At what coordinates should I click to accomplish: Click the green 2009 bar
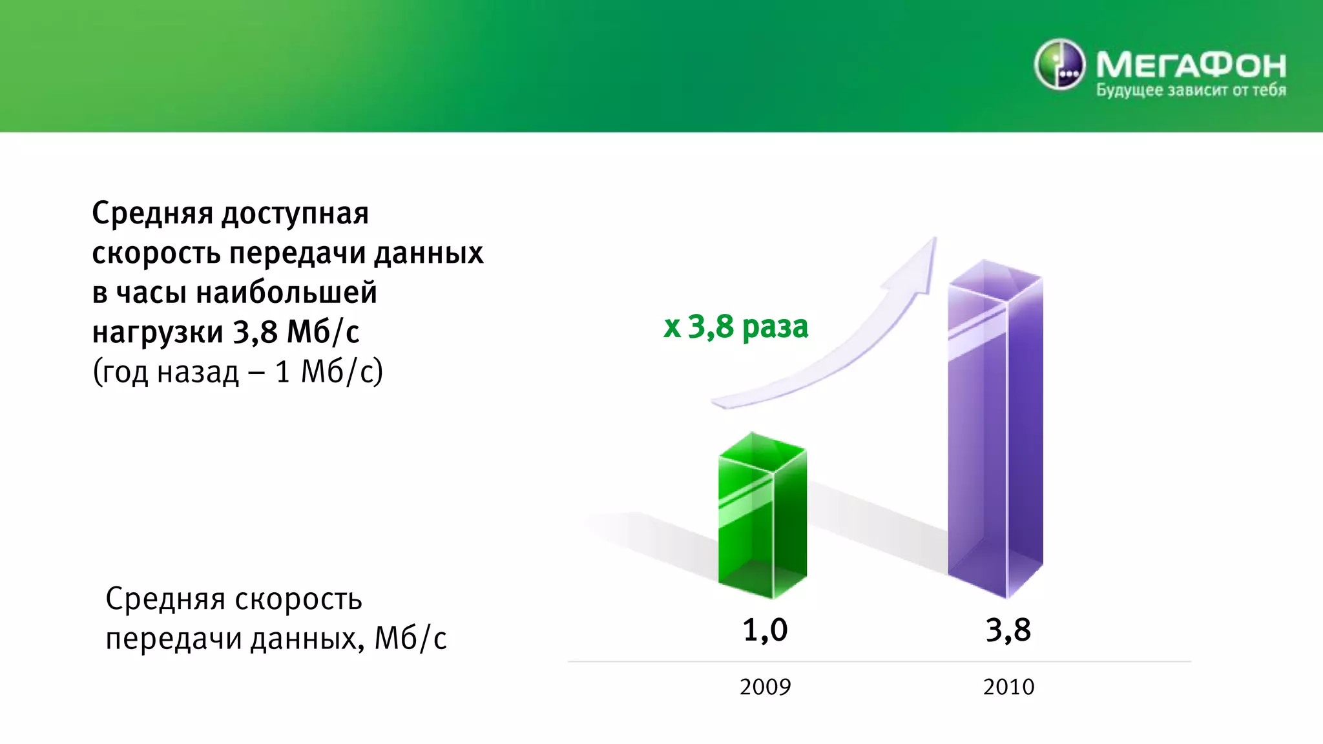tap(762, 517)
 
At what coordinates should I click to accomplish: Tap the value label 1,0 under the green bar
tap(765, 630)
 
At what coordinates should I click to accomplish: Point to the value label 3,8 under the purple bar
tap(1008, 630)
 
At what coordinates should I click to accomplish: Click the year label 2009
tap(765, 687)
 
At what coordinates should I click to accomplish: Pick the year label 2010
tap(1008, 687)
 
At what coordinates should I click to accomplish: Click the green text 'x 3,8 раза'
tap(736, 327)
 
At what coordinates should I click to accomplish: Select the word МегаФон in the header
tap(1191, 65)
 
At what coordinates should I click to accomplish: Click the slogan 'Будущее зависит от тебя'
tap(1191, 90)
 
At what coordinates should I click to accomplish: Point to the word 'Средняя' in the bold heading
tap(152, 213)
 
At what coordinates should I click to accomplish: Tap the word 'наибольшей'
tap(286, 293)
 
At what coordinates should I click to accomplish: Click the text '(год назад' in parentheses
tap(166, 373)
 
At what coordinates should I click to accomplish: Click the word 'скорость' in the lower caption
tap(298, 600)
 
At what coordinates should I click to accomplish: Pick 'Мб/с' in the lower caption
tap(411, 639)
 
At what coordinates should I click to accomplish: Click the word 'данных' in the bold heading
tap(429, 253)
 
